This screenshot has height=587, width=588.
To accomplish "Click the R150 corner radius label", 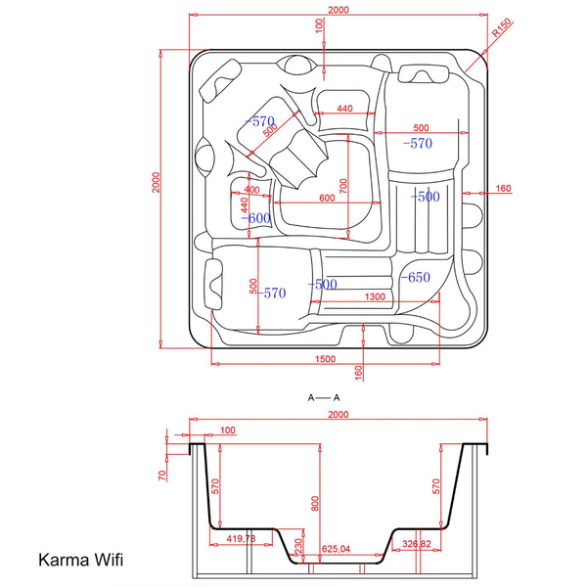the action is coord(501,27).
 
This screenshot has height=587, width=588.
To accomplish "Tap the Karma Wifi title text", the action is coord(80,560).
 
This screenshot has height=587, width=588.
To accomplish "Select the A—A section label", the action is coord(324,397).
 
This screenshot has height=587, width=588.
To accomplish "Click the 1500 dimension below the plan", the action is coord(325,359).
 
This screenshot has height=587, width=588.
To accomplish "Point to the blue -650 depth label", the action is coord(416,277).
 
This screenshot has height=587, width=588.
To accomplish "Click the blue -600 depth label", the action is coord(255,218).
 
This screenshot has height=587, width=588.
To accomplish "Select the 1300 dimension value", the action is coord(375,296).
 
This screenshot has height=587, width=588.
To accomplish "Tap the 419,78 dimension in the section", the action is coord(241,539).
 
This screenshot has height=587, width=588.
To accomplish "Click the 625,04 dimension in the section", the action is coord(336,549).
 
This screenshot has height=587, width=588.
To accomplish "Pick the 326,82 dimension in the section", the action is coord(417,544).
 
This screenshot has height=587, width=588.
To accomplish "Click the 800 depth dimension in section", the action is coord(315,504).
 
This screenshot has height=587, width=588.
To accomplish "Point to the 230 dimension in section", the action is coord(298,546).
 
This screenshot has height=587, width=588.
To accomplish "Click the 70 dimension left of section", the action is coord(162,475).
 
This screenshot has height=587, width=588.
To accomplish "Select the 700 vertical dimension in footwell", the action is coord(343,186).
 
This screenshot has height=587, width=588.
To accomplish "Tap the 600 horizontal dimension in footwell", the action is coord(327,198).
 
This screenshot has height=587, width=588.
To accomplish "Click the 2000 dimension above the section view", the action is coord(339,414).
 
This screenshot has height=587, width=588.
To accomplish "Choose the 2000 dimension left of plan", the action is coord(156,182).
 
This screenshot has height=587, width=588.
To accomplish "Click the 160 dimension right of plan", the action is coord(503,188).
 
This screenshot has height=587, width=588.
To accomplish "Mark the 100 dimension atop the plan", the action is coord(319,26).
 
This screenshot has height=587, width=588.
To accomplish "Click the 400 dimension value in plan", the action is coord(251,190).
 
